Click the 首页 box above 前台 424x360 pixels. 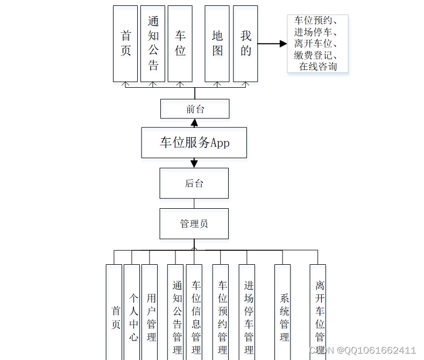tap(125, 44)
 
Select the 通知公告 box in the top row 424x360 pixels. tap(153, 44)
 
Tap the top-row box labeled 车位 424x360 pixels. tap(180, 44)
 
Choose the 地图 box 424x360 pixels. tap(217, 44)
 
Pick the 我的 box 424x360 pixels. tap(245, 44)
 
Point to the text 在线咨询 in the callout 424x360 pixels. tap(318, 67)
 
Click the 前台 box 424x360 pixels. tap(195, 109)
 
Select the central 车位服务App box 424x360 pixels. tap(194, 143)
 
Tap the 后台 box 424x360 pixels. tap(194, 183)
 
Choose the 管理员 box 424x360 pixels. tap(194, 224)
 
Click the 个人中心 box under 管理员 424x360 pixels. tap(132, 317)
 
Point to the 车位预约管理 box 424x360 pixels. tap(222, 317)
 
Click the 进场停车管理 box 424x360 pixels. tap(248, 317)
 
